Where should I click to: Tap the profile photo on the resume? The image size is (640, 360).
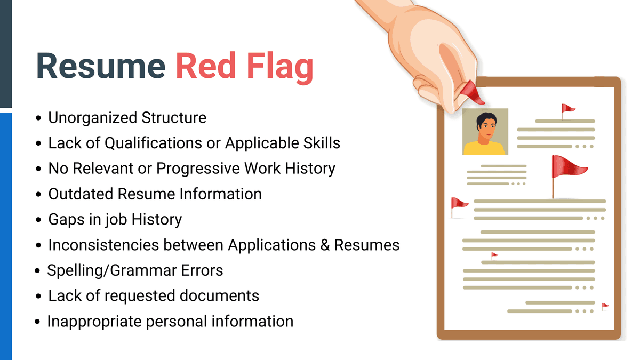(x=485, y=132)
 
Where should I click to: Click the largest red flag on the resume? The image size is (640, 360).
(x=567, y=167)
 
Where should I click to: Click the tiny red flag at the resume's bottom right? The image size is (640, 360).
(x=605, y=306)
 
